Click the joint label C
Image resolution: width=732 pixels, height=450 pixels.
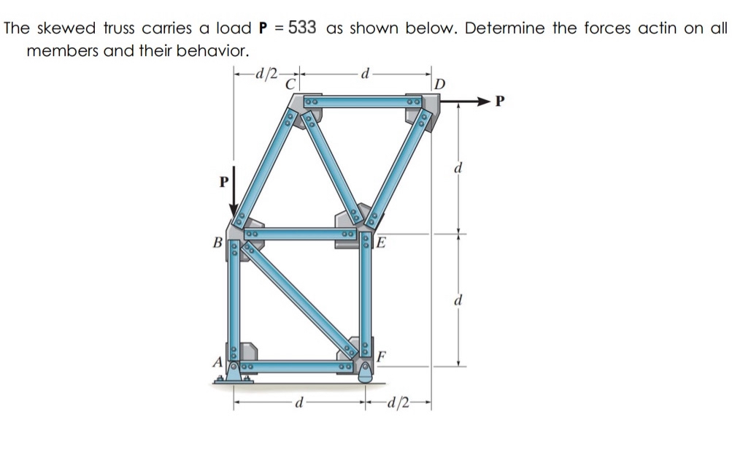[x=290, y=83]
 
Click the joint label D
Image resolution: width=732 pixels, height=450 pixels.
[x=439, y=82]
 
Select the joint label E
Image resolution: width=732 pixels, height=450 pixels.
[x=382, y=243]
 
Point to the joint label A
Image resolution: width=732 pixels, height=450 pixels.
[x=217, y=361]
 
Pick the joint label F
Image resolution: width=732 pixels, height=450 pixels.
[x=382, y=357]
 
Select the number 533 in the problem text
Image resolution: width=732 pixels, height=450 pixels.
[x=302, y=28]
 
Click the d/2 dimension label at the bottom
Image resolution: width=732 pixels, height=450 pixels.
[x=399, y=403]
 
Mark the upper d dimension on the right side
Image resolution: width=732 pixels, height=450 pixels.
[x=458, y=169]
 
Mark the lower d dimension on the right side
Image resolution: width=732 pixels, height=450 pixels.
[x=458, y=300]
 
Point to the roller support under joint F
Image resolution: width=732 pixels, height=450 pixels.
[x=365, y=376]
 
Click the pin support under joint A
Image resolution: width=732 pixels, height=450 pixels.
[x=233, y=375]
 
